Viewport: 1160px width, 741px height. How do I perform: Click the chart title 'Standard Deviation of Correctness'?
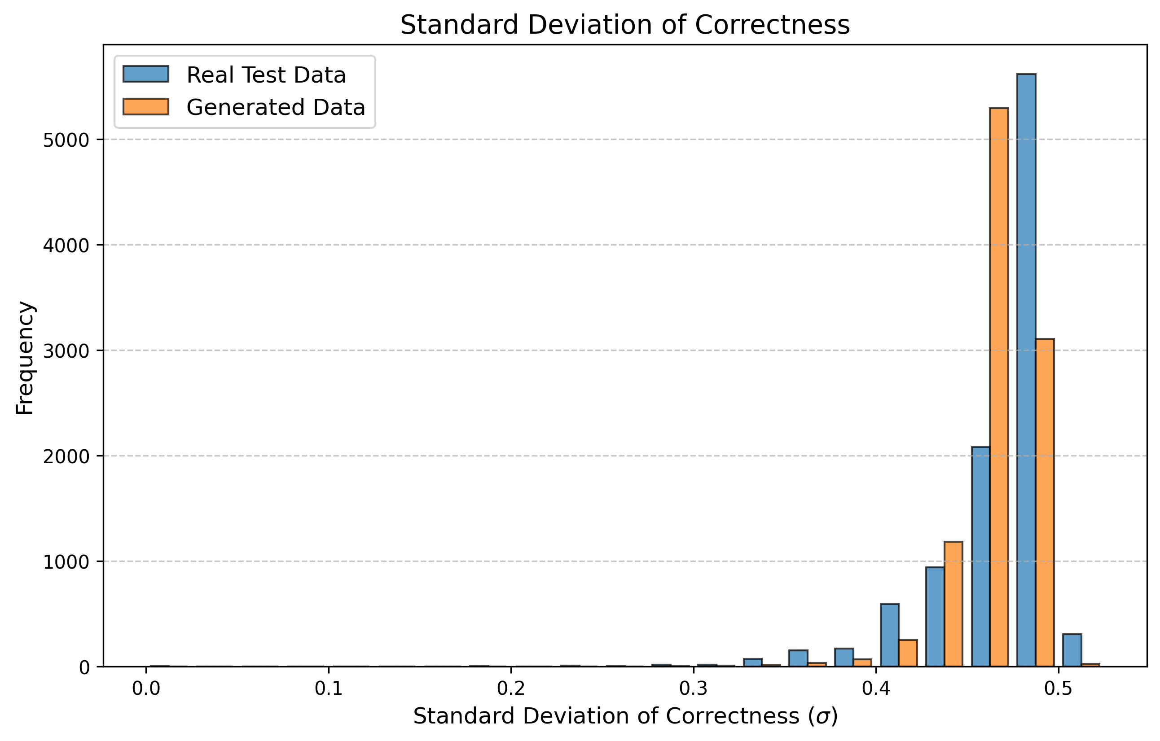625,25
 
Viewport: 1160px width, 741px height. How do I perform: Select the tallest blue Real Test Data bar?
1026,371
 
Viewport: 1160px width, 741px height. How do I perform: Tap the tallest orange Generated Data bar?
999,388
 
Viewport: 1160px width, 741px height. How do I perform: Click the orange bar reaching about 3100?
1044,503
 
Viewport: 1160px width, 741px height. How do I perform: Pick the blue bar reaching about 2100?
980,557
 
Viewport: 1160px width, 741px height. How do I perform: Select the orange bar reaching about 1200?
953,604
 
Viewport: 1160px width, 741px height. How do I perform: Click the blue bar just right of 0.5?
1072,650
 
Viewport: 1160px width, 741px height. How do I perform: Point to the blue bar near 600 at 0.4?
889,636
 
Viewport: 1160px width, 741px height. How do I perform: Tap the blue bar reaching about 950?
935,617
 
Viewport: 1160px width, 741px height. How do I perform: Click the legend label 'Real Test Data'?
266,75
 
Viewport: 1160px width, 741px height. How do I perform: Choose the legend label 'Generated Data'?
276,107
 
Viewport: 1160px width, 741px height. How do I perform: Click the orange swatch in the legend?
145,107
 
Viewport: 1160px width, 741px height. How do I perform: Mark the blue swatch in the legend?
145,74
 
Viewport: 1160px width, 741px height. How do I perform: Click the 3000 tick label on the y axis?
66,351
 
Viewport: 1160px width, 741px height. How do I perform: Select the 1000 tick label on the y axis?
66,562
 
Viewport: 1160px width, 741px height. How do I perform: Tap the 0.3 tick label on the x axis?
693,689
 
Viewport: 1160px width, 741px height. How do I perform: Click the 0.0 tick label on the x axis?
146,689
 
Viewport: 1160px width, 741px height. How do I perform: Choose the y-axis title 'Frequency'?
25,358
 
